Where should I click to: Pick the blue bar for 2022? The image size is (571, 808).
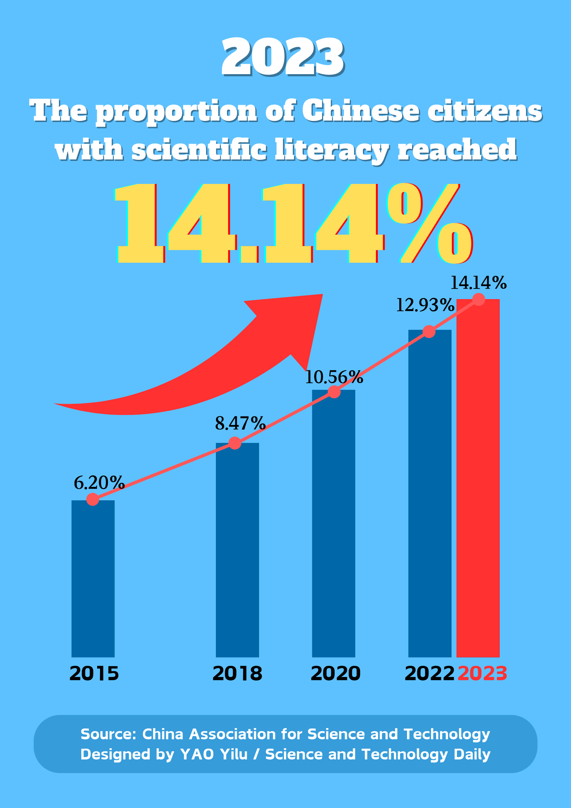pos(430,493)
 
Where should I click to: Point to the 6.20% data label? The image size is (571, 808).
pos(99,483)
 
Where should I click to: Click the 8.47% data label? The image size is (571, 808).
pos(240,423)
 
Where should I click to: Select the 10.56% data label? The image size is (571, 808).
pos(334,377)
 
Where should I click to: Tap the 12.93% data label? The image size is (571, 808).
pos(425,305)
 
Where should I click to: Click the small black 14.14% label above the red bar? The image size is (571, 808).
pos(478,283)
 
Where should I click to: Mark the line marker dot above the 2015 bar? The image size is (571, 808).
pos(93,500)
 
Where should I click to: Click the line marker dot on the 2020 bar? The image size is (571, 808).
pos(335,392)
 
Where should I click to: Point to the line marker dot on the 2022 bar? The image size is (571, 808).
pos(429,331)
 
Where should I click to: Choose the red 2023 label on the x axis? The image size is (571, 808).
pos(482,674)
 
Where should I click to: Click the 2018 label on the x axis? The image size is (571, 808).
pos(237,674)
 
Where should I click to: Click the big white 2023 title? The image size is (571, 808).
pos(283,58)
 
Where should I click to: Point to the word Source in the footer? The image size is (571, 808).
pos(108,734)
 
